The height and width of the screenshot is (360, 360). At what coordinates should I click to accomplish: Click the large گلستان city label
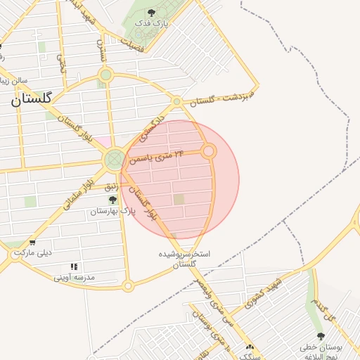click(x=32, y=99)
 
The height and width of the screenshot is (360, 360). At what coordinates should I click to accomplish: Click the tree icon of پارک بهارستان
click(x=112, y=200)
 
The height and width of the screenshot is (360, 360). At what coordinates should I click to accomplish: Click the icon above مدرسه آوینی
click(x=74, y=266)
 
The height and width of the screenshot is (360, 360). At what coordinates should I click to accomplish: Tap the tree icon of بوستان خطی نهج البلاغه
click(x=321, y=336)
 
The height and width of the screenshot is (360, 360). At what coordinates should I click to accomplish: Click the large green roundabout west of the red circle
click(x=115, y=160)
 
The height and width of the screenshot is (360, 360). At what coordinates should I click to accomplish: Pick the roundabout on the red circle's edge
click(x=209, y=151)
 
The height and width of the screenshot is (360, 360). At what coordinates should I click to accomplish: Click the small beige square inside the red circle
click(x=179, y=200)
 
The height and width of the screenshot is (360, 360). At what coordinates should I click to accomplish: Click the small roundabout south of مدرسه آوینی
click(x=127, y=285)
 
